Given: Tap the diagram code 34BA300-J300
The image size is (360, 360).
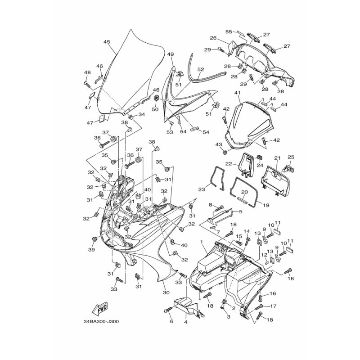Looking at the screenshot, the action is click(101, 321).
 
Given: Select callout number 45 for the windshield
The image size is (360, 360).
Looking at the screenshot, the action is click(107, 42).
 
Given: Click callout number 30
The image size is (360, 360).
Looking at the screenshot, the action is click(166, 292).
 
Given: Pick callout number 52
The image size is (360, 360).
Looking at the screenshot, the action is click(201, 69).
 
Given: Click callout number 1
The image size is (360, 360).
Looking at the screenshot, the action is click(202, 242).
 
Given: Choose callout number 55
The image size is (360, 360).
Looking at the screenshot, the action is click(229, 31).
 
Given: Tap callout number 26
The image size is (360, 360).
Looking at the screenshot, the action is click(213, 38).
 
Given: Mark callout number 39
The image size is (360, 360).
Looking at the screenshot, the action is click(91, 249).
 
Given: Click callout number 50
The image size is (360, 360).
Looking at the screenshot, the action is click(155, 109).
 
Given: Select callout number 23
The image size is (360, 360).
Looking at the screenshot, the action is click(201, 189).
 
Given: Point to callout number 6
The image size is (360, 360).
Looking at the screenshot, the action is click(171, 321).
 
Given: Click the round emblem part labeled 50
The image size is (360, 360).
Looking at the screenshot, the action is click(156, 98).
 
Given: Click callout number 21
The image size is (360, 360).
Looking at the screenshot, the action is click(278, 158).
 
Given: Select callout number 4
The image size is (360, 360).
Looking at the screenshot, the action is click(186, 322).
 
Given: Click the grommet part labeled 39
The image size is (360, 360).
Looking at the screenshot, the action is click(94, 239).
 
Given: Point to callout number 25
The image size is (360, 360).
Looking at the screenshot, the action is click(291, 157).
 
